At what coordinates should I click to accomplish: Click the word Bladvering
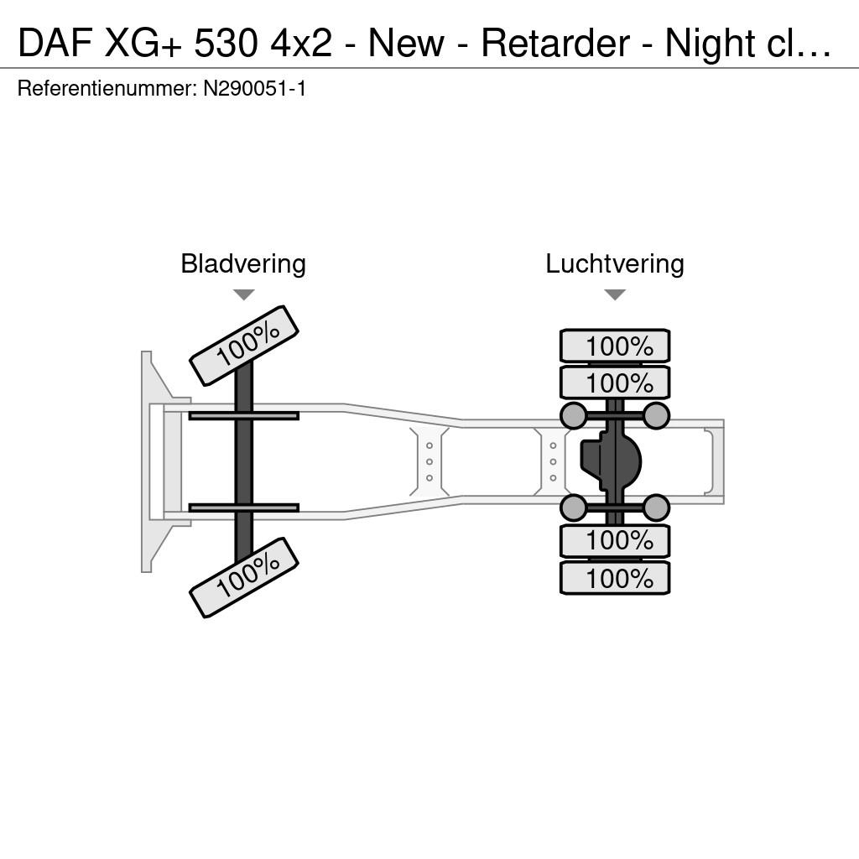[243, 264]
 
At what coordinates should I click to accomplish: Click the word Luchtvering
[615, 264]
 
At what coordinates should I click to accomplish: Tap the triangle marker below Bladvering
[244, 294]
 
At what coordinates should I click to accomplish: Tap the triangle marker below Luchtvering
[615, 294]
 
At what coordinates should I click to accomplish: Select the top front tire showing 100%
[244, 346]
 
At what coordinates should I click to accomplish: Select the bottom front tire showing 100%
[244, 577]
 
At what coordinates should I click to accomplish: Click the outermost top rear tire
[615, 346]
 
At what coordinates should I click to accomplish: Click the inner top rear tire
[615, 383]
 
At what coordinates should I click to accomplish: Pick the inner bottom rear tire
[615, 541]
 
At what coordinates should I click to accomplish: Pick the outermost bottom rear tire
[615, 578]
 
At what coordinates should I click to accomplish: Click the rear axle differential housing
[611, 461]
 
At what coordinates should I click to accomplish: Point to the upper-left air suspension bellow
[574, 416]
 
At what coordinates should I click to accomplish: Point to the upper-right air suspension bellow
[656, 416]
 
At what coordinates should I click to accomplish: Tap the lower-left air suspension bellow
[574, 508]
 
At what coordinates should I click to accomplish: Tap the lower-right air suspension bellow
[656, 508]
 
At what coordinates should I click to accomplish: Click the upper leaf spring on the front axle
[244, 416]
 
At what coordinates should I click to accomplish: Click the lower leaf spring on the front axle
[244, 508]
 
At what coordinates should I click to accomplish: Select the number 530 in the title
[225, 44]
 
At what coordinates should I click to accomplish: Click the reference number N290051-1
[254, 88]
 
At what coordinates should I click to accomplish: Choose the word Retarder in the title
[555, 44]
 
